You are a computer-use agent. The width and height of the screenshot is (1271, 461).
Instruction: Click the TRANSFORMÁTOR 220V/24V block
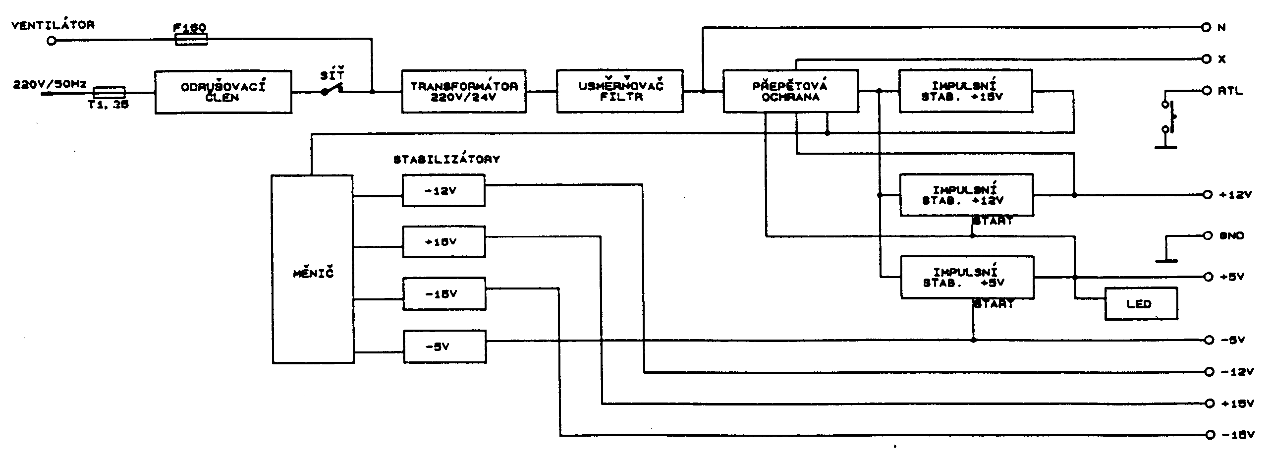[x=464, y=91]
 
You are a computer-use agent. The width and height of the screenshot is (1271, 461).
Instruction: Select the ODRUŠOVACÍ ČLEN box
[x=223, y=92]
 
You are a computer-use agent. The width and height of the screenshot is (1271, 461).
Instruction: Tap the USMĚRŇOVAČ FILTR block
[x=620, y=91]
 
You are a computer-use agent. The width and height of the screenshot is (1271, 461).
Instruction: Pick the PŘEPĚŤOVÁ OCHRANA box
[x=790, y=91]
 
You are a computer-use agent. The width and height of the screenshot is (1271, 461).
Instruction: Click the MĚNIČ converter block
[x=313, y=269]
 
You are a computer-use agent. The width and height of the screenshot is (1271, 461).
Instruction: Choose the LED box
[x=1141, y=304]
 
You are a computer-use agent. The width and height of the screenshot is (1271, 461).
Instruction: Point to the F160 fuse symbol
[x=191, y=39]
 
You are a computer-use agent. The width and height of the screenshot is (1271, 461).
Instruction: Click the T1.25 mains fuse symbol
[x=110, y=92]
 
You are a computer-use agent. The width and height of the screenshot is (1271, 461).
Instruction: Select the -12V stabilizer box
[x=443, y=190]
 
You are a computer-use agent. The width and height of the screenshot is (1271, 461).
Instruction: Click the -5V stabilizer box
[x=444, y=346]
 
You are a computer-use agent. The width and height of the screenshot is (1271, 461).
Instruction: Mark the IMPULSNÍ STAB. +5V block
[x=967, y=278]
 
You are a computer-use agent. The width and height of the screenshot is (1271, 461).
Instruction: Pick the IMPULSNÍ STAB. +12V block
[x=966, y=195]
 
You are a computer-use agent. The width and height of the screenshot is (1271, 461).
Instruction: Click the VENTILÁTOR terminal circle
[x=52, y=41]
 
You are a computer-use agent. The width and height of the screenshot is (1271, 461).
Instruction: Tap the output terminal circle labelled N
[x=1207, y=27]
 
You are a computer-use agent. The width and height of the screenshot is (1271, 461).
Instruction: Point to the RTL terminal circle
[x=1207, y=91]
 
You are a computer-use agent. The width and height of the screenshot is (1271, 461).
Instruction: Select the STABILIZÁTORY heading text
[x=446, y=160]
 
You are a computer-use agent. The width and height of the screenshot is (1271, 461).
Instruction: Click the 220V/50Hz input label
[x=50, y=85]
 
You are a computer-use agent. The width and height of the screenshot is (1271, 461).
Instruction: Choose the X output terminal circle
[x=1207, y=59]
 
